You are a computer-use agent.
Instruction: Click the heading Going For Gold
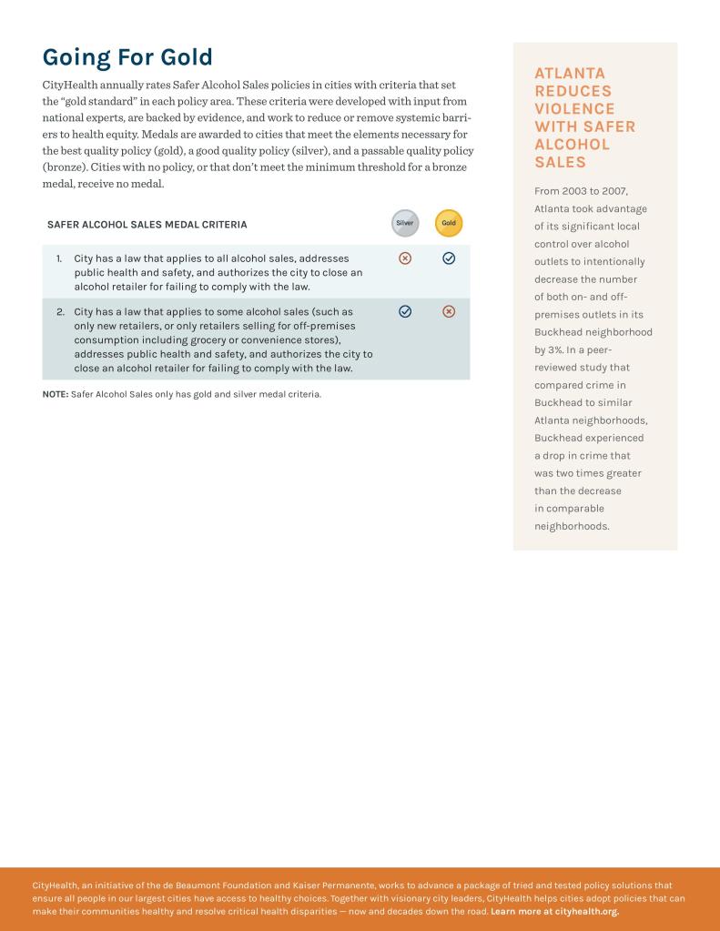[127, 57]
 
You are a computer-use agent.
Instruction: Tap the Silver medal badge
[405, 223]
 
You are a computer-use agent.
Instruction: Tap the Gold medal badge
[449, 223]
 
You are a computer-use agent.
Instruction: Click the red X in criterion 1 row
[405, 258]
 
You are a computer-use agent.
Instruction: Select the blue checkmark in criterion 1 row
[449, 258]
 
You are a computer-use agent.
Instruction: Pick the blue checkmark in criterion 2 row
[405, 311]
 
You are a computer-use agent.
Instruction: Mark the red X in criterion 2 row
[449, 311]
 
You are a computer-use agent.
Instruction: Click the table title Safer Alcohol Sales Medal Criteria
[147, 224]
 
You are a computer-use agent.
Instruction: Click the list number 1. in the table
[60, 259]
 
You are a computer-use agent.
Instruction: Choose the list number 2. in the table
[61, 312]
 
